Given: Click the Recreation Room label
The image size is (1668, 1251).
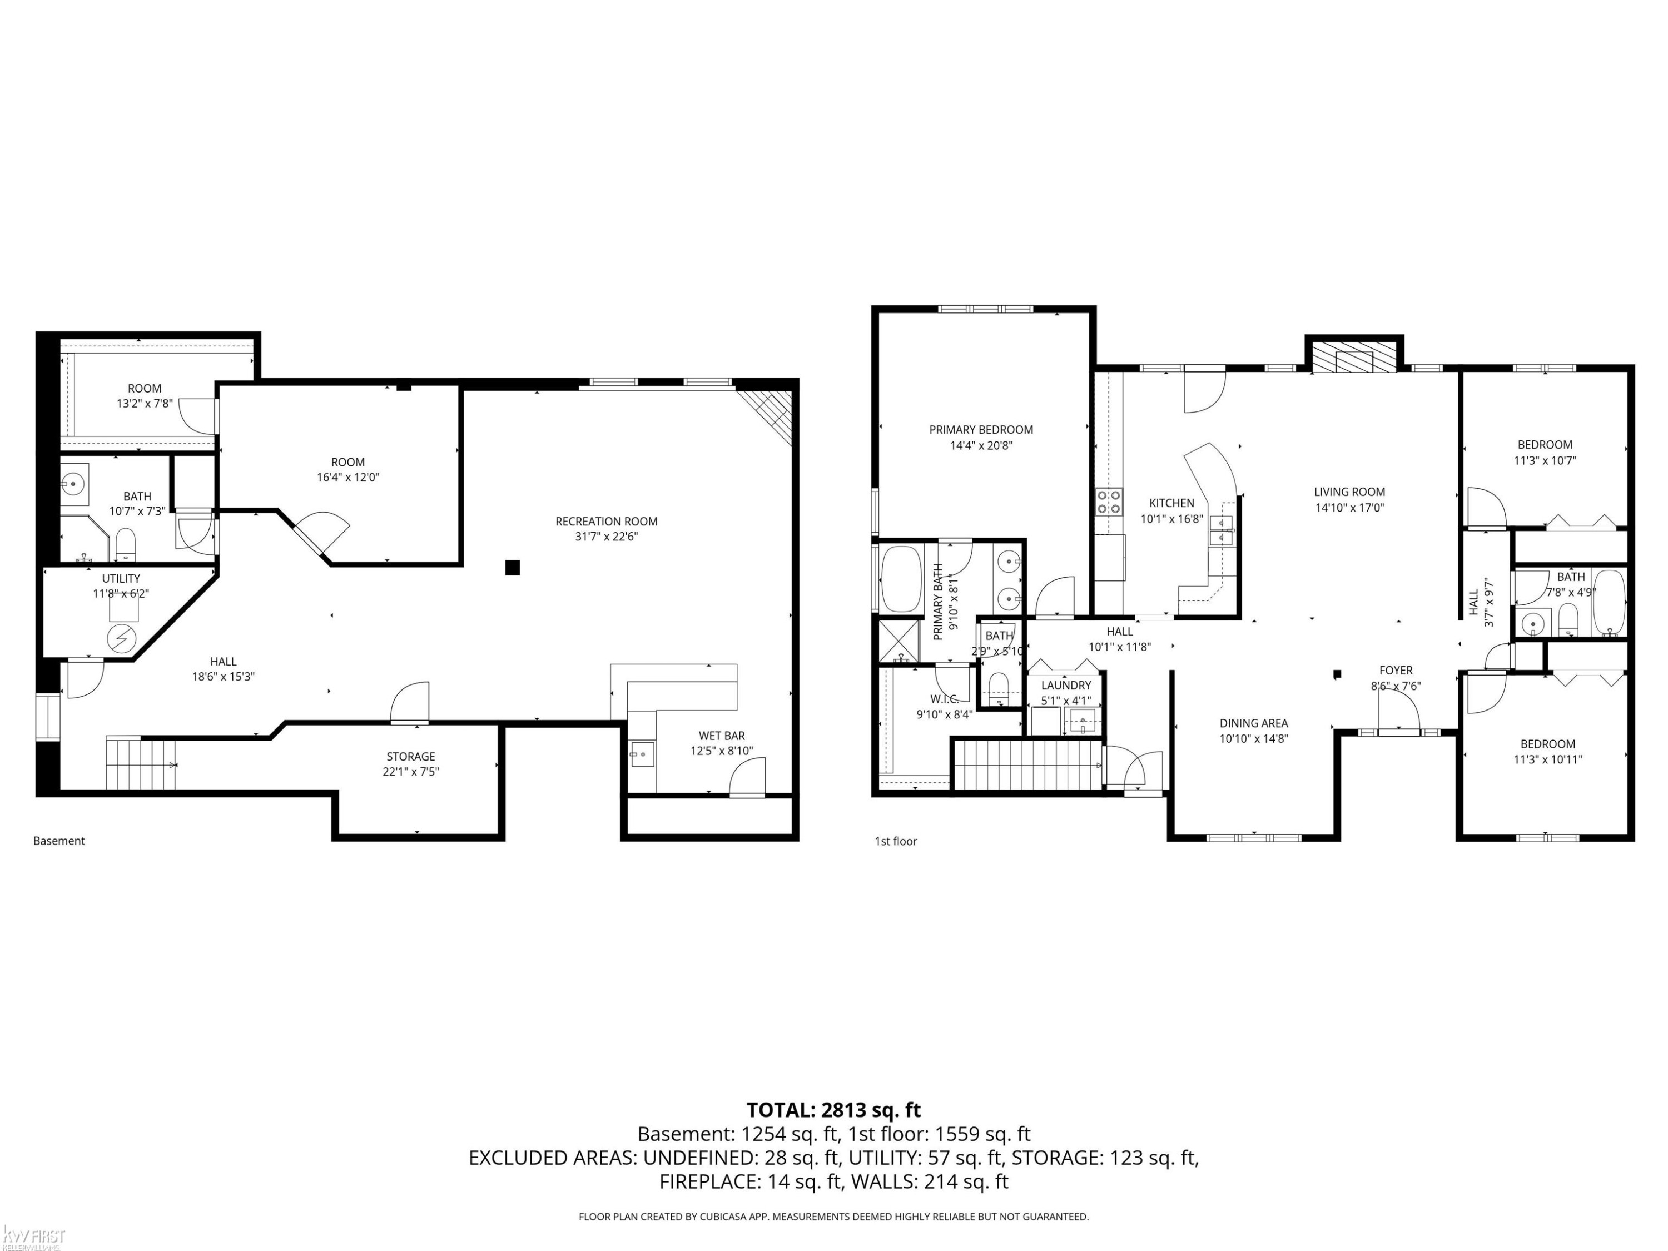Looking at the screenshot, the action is (606, 521).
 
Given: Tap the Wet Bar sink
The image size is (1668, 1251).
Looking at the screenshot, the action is (643, 753).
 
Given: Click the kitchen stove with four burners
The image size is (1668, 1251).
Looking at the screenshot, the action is (1109, 502).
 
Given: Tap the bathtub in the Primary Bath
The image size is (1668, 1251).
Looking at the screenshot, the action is (901, 579).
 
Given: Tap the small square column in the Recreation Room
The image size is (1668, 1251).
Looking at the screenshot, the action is (512, 568).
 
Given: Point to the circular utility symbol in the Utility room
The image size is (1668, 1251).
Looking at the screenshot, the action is (120, 639).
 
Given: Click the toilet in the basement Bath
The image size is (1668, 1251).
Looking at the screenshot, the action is (125, 544).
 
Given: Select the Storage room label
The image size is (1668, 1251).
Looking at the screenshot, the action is (411, 756).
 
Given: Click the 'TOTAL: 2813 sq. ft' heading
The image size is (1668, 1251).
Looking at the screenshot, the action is (833, 1110).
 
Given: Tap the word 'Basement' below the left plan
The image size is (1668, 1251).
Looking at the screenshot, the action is (59, 841).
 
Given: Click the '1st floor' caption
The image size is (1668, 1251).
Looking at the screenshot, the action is (896, 841).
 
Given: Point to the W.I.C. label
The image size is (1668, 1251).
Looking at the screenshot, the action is (944, 699).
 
